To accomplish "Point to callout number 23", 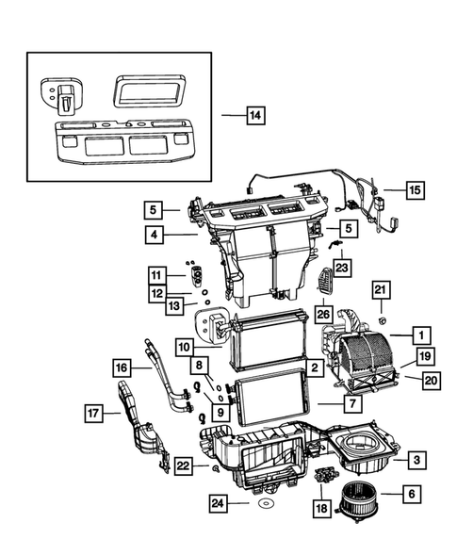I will [340, 269].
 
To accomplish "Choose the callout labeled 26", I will [322, 314].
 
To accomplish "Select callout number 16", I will [121, 367].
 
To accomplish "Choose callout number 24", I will [219, 504].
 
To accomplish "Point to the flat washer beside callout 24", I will [268, 506].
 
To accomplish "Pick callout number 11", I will [155, 274].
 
